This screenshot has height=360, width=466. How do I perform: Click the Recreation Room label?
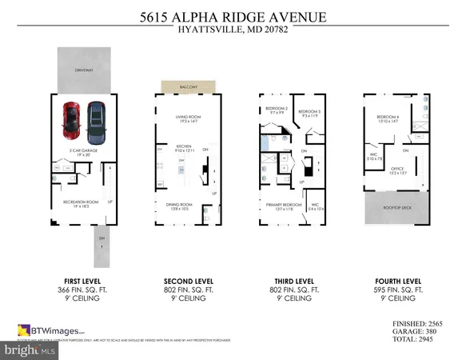pyautogui.click(x=80, y=202)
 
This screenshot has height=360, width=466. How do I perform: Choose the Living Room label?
pyautogui.click(x=187, y=118)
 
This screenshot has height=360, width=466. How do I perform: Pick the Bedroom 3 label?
pyautogui.click(x=309, y=112)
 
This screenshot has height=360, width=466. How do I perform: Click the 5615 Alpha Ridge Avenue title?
pyautogui.click(x=233, y=18)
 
